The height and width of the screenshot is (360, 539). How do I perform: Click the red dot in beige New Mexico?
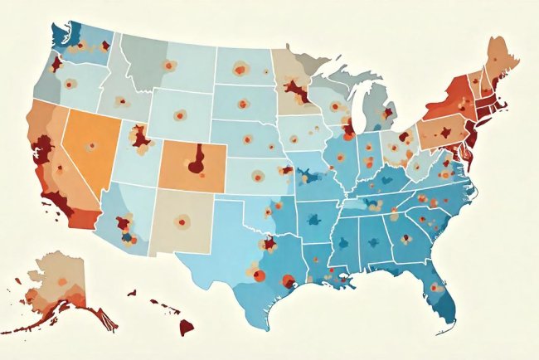pos(180,221)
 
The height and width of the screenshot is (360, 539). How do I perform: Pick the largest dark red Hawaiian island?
pos(186,326)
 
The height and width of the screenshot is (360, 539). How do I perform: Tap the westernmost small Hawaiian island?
pos(131,292)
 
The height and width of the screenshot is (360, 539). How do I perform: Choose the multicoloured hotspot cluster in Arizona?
pos(125,226)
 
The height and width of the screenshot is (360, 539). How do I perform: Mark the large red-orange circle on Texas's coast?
pos(288,281)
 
